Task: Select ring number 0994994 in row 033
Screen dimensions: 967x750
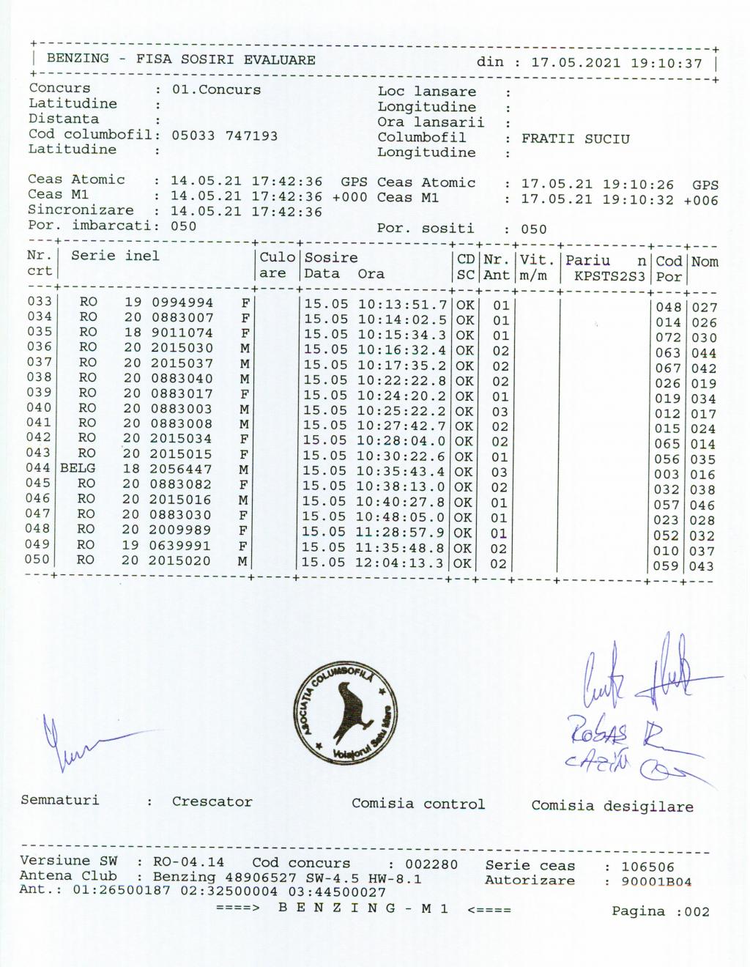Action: click(x=182, y=303)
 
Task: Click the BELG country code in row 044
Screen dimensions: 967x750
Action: click(x=78, y=468)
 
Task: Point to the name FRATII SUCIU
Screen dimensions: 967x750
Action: click(x=575, y=139)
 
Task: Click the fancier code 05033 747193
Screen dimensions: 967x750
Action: click(x=225, y=136)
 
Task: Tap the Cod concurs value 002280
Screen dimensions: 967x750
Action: click(x=431, y=864)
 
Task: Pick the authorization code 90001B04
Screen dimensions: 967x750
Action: click(x=656, y=881)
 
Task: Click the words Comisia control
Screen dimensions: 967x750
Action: click(x=417, y=804)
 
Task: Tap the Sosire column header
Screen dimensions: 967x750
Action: click(x=331, y=258)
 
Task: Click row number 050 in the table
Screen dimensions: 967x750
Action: click(x=39, y=560)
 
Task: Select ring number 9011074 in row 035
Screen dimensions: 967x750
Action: click(x=182, y=333)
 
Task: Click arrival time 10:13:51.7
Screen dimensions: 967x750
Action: click(x=402, y=304)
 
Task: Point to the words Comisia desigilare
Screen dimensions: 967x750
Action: click(x=612, y=806)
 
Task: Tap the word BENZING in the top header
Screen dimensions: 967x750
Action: click(x=78, y=59)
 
